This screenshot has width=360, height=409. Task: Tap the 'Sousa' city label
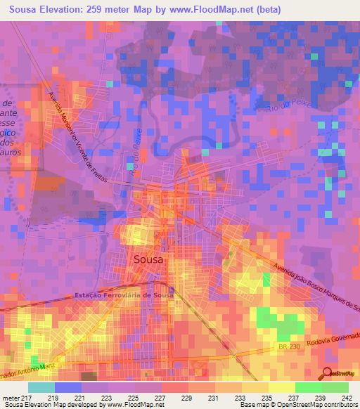(x=148, y=259)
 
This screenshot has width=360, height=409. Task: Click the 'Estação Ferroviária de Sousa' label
(x=123, y=297)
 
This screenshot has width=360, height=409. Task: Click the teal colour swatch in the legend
(x=41, y=387)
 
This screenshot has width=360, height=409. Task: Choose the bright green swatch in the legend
(x=308, y=387)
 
